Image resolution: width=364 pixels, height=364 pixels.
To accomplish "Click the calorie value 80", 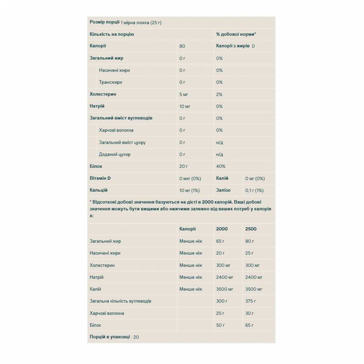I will [182, 46].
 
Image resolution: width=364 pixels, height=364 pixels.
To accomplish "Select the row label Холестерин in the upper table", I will [102, 94].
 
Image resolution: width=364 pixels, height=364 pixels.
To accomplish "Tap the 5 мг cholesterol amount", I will [184, 94].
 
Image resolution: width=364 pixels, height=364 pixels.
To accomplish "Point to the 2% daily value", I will [219, 94].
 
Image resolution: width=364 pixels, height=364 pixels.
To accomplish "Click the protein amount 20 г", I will [184, 166].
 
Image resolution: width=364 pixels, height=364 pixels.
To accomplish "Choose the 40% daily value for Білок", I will [221, 166].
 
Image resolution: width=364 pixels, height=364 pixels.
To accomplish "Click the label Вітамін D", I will [101, 179].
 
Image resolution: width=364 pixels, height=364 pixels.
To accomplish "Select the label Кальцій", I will [99, 190].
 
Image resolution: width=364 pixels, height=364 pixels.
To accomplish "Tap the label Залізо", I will [223, 190].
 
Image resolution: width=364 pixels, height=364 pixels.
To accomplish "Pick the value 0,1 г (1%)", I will [254, 190].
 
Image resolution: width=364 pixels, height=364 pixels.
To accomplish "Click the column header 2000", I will [222, 229].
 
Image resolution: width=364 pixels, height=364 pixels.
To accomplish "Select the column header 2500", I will [251, 229].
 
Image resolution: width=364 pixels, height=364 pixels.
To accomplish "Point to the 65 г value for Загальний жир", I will [221, 241].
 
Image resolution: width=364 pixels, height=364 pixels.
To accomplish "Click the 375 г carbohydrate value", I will [251, 301].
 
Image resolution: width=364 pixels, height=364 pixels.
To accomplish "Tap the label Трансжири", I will [110, 82].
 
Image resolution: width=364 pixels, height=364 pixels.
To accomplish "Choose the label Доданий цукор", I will [115, 154].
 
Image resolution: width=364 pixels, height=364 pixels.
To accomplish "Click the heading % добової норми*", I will [236, 34].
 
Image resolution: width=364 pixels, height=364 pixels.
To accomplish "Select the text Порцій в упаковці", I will [110, 337].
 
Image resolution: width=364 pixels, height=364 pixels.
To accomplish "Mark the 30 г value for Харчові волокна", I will [249, 313].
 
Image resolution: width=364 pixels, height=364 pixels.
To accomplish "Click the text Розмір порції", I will [105, 22].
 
